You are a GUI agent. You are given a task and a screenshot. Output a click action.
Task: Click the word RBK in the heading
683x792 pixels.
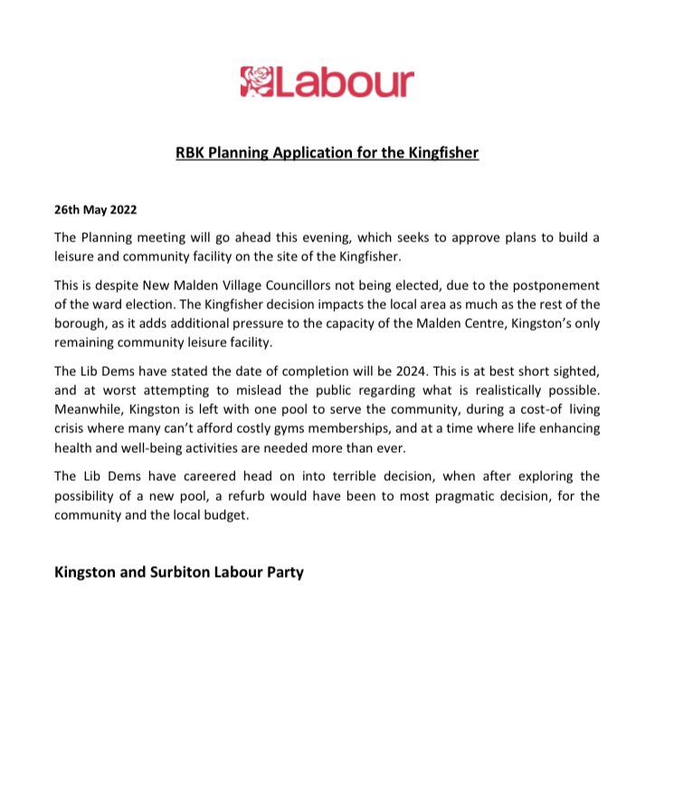point(189,153)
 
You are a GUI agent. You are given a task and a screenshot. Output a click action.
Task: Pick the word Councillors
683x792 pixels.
point(304,285)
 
